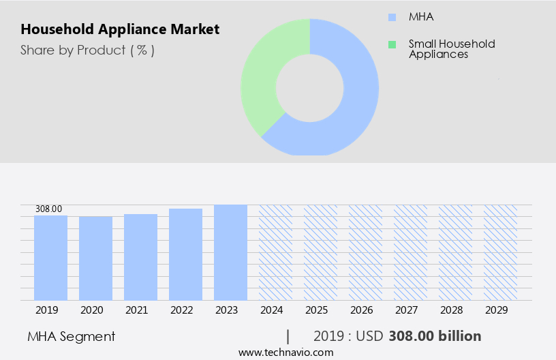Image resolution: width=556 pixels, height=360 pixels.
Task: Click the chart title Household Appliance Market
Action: point(120,29)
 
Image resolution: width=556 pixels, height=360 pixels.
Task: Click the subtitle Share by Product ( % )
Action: point(87,50)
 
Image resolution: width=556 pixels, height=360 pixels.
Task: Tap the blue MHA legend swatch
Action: point(391,17)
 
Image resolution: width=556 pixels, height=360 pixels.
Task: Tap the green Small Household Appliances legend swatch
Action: point(391,44)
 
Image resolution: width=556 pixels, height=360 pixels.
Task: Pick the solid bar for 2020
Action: point(95,258)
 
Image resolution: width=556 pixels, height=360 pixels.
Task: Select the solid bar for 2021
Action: point(140,257)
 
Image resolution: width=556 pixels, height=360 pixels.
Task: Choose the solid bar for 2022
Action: point(185,254)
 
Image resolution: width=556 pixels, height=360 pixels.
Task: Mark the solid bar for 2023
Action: point(230,252)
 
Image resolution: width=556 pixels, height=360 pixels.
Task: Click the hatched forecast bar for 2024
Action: point(275,252)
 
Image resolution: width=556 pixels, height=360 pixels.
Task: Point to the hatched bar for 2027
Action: point(410,252)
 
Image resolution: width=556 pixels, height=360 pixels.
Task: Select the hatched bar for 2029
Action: point(500,252)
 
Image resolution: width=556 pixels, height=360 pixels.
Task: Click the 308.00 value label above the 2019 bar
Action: point(48,209)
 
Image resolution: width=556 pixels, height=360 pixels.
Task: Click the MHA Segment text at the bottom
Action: point(72,336)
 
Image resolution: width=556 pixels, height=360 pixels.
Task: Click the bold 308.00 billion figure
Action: point(435,336)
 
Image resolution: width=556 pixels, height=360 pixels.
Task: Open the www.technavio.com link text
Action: point(285,352)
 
